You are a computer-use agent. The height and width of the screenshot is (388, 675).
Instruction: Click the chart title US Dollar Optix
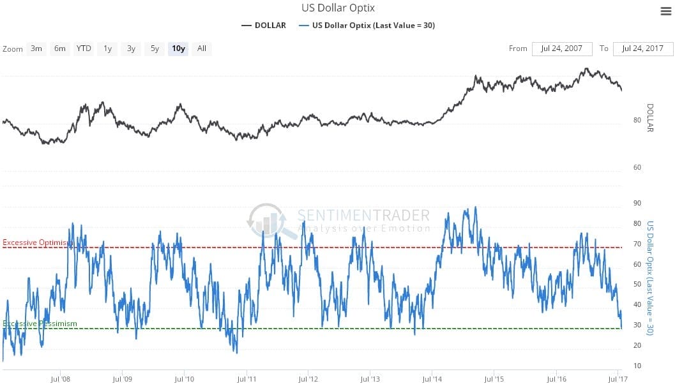point(338,8)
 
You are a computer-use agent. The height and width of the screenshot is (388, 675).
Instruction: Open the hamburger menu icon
point(665,11)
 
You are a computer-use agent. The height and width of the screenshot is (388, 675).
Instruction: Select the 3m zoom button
point(36,48)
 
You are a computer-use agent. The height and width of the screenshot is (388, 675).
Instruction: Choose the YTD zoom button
point(84,48)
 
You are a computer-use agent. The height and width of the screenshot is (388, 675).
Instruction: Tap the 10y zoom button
point(178,48)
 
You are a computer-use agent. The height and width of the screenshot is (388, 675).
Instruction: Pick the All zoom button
point(202,48)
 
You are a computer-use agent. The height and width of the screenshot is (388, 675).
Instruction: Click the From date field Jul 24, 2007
point(562,48)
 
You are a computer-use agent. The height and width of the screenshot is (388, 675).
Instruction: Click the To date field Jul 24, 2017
point(643,48)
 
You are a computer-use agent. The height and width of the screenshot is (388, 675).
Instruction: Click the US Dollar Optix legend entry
point(368,26)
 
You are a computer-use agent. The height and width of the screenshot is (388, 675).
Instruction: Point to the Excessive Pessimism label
point(40,324)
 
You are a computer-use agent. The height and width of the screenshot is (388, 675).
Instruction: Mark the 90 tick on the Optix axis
point(637,203)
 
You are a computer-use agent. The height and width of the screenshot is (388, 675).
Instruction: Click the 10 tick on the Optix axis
point(637,366)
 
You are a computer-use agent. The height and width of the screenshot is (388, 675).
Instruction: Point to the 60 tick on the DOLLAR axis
point(637,167)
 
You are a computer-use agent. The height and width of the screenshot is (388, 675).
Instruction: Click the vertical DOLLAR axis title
point(651,118)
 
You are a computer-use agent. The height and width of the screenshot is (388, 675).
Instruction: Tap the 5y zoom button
point(155,48)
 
